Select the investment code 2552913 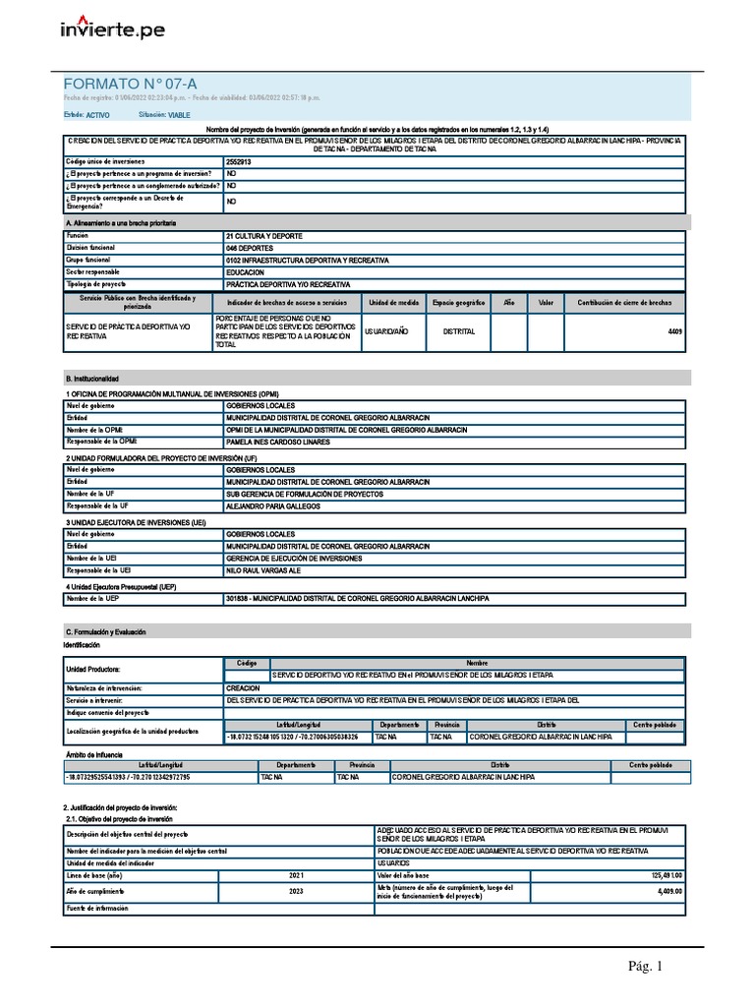pyautogui.click(x=238, y=161)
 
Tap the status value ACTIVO pyautogui.click(x=98, y=115)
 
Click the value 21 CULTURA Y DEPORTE pyautogui.click(x=264, y=237)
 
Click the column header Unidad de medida pyautogui.click(x=392, y=303)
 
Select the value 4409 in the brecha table pyautogui.click(x=674, y=332)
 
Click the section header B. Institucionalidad pyautogui.click(x=91, y=378)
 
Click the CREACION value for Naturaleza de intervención pyautogui.click(x=243, y=688)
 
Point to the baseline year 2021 pyautogui.click(x=297, y=874)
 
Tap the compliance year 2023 pyautogui.click(x=297, y=891)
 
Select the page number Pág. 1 pyautogui.click(x=646, y=968)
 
